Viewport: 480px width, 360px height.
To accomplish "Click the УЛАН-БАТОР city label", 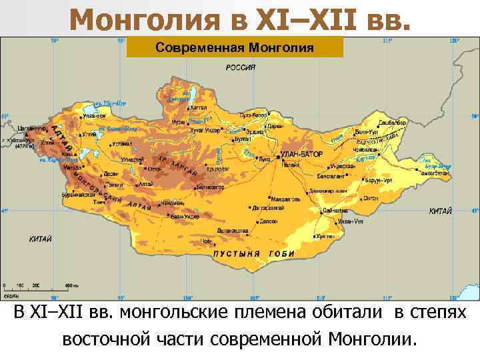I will point(301,154).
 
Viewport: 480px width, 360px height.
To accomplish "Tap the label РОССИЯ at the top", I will point(241,67).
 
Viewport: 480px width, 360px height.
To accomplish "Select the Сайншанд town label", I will point(336,209).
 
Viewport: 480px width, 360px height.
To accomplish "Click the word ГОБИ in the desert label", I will point(282,254).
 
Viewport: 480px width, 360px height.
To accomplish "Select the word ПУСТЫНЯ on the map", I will point(236,254).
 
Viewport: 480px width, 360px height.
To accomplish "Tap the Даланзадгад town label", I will point(251,231).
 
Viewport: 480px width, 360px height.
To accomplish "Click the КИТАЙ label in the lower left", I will point(41,238).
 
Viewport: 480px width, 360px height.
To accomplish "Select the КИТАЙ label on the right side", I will point(440,211).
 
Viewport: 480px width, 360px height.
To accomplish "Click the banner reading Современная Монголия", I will point(235,47).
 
